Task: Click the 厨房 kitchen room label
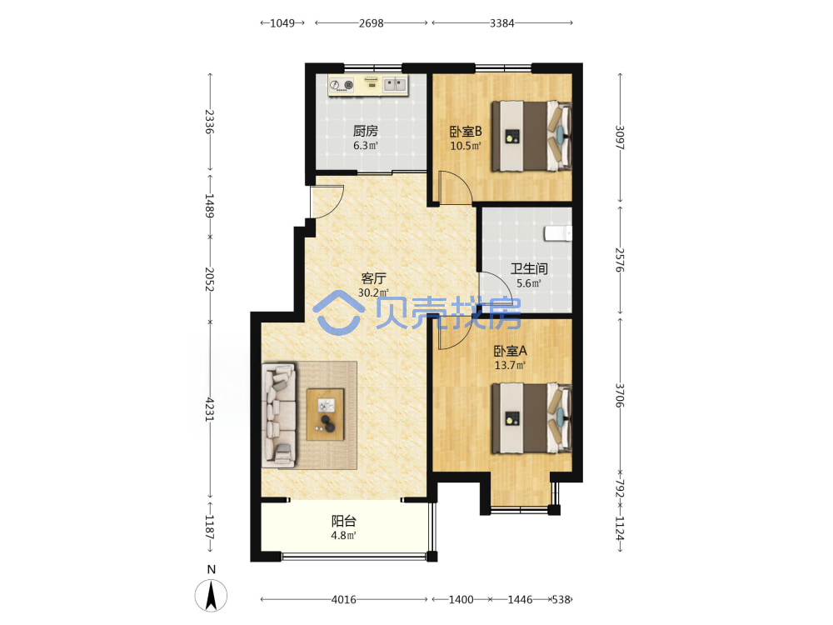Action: [366, 131]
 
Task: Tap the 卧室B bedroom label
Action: [466, 132]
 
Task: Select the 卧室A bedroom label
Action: [510, 352]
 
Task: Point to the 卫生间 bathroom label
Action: [529, 269]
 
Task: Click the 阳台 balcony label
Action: [344, 522]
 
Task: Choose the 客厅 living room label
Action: [373, 278]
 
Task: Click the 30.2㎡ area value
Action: [373, 292]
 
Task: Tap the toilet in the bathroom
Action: [558, 232]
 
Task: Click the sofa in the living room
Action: [279, 416]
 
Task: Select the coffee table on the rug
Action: [325, 414]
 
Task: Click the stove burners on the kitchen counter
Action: [342, 84]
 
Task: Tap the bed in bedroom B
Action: [531, 136]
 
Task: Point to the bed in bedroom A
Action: [531, 419]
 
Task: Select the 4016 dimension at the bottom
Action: [344, 599]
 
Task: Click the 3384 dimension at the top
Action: [502, 22]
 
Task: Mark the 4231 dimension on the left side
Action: [210, 409]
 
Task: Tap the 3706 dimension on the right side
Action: [620, 395]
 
